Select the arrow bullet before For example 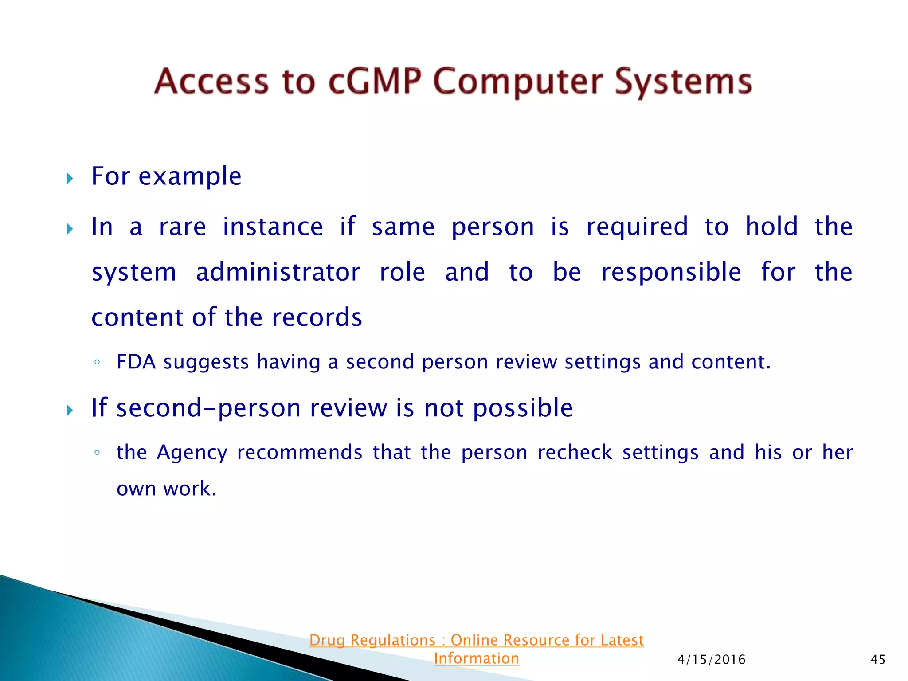[x=70, y=179]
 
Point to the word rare [x=182, y=227]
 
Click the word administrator [x=278, y=272]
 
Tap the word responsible [x=671, y=272]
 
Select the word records [x=317, y=317]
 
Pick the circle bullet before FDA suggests [x=97, y=362]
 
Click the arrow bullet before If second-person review [x=70, y=410]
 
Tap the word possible [x=523, y=408]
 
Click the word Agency [x=192, y=453]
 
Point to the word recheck [x=575, y=453]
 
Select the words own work [x=166, y=489]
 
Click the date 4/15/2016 [x=711, y=660]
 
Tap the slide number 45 [x=878, y=660]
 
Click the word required [x=637, y=227]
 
